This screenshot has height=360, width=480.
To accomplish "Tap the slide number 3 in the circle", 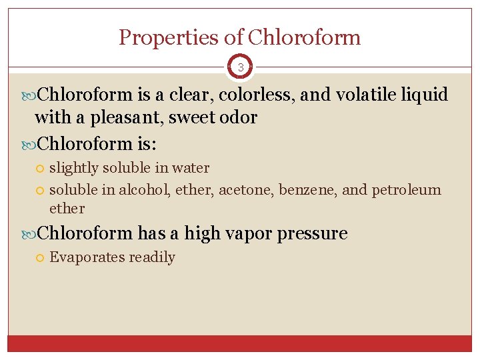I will [240, 67].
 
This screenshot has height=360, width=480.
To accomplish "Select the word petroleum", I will [406, 190].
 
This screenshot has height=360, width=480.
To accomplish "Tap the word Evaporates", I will [85, 257].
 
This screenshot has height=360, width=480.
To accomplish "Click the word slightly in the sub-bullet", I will [73, 168].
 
